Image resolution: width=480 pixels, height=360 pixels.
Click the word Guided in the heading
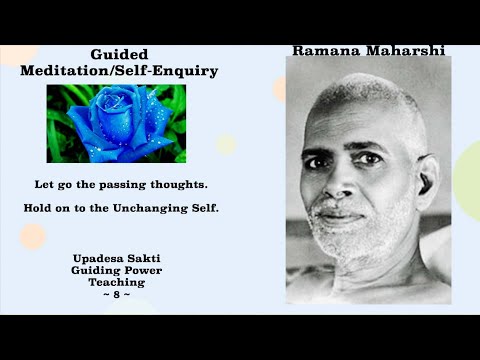click(x=119, y=55)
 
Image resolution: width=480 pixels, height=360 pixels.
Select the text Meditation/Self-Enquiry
click(x=119, y=71)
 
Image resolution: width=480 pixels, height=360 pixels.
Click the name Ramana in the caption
click(x=327, y=50)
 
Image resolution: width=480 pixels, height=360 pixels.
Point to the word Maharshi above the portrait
click(x=404, y=50)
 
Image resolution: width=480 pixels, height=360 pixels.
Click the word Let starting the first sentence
click(x=44, y=185)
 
